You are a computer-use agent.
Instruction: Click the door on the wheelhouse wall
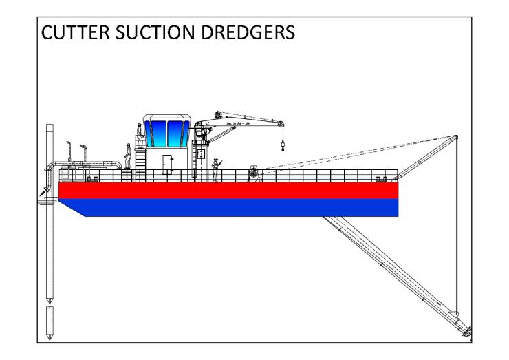167,164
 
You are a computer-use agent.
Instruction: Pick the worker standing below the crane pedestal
215,169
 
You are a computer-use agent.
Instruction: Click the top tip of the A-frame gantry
457,136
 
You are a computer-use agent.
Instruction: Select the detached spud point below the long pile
49,324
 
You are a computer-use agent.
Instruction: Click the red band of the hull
227,190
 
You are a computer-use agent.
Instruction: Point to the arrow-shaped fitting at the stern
45,192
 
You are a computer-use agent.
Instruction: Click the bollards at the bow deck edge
381,178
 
